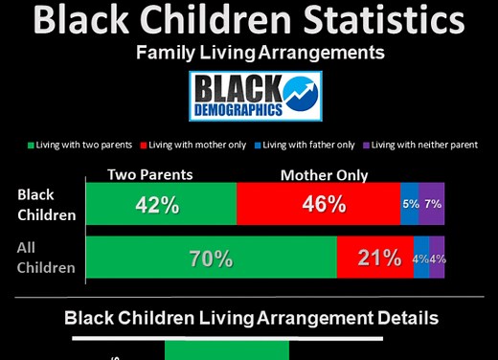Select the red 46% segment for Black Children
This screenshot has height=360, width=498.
318,204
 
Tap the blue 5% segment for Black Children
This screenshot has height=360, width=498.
409,204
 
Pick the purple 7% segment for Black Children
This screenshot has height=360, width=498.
431,204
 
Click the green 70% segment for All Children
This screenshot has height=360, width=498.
211,258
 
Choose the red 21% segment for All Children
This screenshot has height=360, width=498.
374,258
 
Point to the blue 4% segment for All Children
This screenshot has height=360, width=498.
420,258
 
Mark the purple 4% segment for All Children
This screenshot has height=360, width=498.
437,258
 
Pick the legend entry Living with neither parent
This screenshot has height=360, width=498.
421,145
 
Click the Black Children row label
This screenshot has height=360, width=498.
46,204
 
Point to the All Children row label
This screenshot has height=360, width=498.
46,258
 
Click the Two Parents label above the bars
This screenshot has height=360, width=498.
149,174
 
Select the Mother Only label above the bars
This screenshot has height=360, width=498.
324,175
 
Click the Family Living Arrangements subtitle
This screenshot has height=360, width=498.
248,54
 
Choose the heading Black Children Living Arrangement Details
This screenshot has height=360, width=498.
251,318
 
